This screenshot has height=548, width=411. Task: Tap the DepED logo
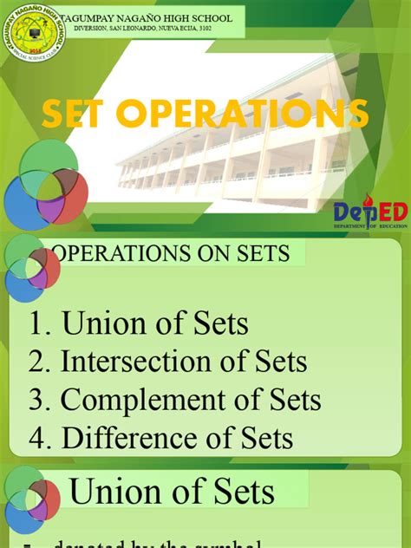pyautogui.click(x=370, y=212)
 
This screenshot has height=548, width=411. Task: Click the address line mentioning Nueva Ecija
pyautogui.click(x=142, y=28)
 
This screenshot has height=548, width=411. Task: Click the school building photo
pyautogui.click(x=234, y=152)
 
